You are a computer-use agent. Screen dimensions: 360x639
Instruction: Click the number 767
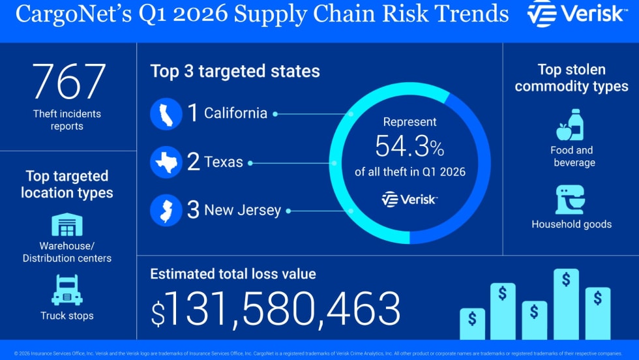pos(68,82)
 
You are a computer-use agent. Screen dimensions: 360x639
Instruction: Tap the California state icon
pos(166,113)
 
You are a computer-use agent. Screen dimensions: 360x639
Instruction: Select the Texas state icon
pos(166,162)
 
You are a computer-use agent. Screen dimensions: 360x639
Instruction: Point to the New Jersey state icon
pos(166,211)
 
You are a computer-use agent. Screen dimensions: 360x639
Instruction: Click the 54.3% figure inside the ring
pos(409,147)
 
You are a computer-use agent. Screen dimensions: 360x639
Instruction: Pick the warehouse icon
pos(67,225)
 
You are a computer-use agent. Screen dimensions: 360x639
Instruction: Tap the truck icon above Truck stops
pos(67,290)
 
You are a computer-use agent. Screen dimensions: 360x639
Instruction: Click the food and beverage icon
pos(571,125)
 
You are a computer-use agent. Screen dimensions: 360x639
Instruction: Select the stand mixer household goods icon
pos(571,200)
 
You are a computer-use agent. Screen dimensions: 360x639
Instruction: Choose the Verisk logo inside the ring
pos(409,200)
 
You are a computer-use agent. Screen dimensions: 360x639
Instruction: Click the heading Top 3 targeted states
pos(235,71)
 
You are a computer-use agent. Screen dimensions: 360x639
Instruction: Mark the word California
pos(235,113)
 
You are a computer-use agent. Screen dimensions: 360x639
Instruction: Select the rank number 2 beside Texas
pos(194,162)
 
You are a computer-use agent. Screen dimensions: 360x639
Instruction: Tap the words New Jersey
pos(243,211)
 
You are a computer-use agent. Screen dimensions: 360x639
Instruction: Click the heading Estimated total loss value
pos(233,274)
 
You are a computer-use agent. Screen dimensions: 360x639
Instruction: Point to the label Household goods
pos(571,224)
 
